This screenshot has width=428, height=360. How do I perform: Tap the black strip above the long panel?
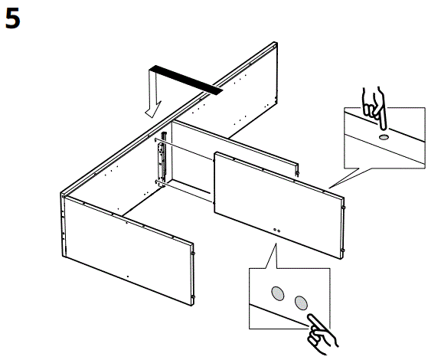[186, 80]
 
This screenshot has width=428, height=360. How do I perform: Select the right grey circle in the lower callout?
[300, 301]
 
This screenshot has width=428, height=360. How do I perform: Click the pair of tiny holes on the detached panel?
[276, 229]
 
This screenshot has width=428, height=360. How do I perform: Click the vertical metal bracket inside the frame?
[162, 162]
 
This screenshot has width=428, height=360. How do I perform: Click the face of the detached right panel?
[276, 199]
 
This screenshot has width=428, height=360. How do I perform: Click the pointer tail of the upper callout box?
[337, 181]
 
